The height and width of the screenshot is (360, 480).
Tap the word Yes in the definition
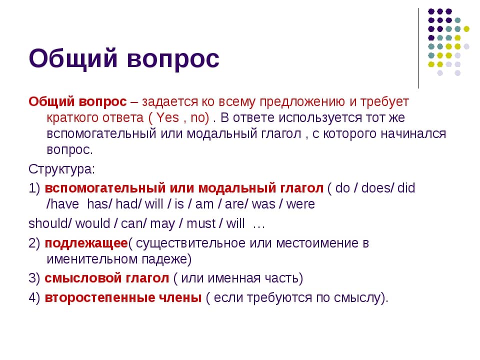(168, 117)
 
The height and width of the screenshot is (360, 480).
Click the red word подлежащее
(86, 243)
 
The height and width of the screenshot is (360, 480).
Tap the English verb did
(406, 188)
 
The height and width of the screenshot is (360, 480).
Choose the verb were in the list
(300, 204)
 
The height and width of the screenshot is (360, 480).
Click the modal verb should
(48, 224)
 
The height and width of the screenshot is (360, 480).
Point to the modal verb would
(93, 224)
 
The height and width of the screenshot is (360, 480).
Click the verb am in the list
(204, 204)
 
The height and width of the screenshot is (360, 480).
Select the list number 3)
(34, 278)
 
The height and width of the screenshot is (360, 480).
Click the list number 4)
(34, 298)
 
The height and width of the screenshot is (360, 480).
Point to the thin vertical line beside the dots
(418, 48)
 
